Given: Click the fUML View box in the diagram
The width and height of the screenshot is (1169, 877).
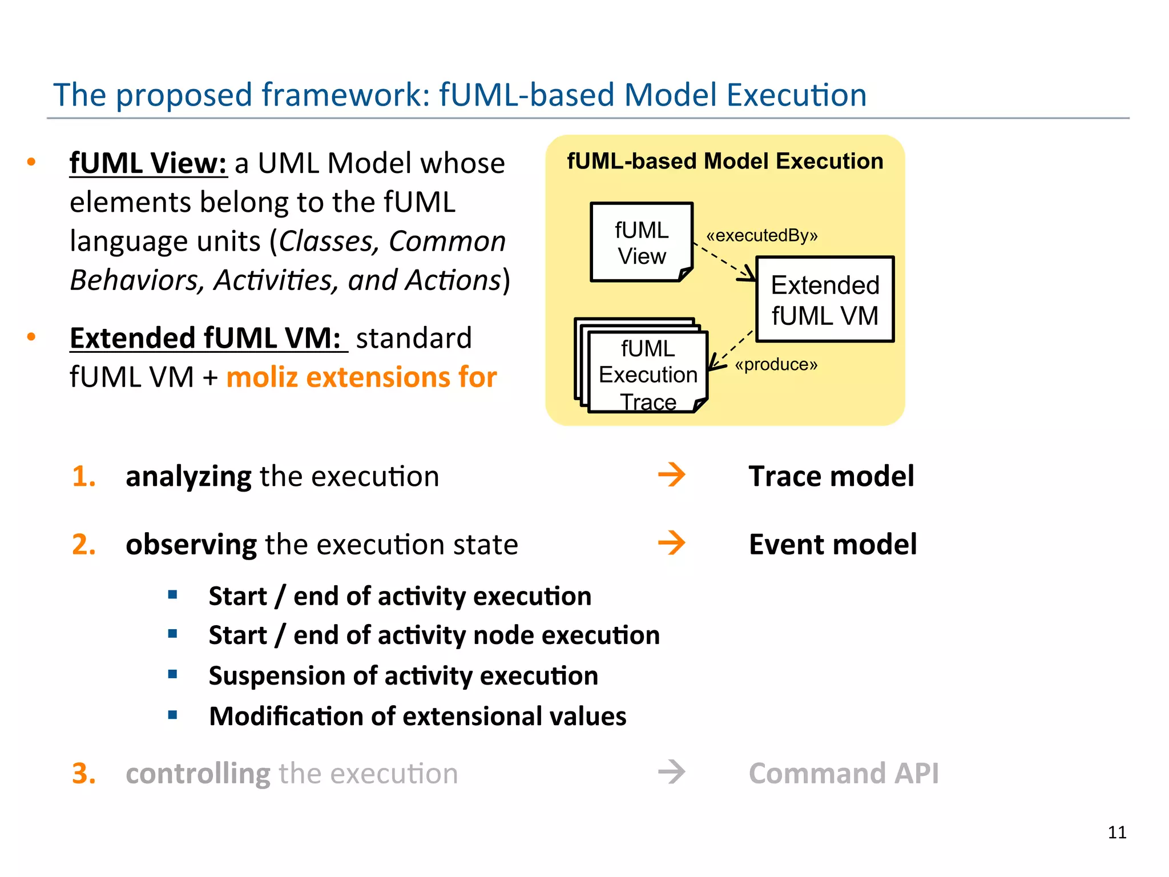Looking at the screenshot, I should click(641, 243).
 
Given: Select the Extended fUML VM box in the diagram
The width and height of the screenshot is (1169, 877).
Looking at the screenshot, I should click(824, 300).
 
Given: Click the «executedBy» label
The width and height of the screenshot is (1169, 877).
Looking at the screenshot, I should click(761, 235).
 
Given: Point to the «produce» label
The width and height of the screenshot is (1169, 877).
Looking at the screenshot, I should click(776, 364).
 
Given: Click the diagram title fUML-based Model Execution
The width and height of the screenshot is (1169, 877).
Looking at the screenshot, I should click(724, 161).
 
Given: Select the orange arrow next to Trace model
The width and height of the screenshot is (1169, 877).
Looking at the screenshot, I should click(671, 475).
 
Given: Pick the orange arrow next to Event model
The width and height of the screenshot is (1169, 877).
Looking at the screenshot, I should click(671, 543).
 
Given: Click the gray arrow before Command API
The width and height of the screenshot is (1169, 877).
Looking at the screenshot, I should click(671, 773).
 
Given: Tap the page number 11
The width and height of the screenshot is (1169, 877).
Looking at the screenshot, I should click(1116, 832).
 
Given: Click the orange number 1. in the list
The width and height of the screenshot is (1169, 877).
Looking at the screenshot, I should click(84, 476).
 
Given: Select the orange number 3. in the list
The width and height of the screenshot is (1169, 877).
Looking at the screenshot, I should click(84, 774).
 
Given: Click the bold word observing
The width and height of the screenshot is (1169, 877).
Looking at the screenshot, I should click(191, 545).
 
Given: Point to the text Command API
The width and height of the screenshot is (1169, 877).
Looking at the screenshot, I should click(843, 774).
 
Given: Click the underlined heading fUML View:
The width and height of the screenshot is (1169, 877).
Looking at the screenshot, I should click(148, 163).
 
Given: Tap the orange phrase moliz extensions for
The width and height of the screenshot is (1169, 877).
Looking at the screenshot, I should click(361, 377).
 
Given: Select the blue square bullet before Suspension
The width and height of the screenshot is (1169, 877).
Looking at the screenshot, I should click(173, 675).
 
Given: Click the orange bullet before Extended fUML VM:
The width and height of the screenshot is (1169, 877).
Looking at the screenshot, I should click(31, 337).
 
